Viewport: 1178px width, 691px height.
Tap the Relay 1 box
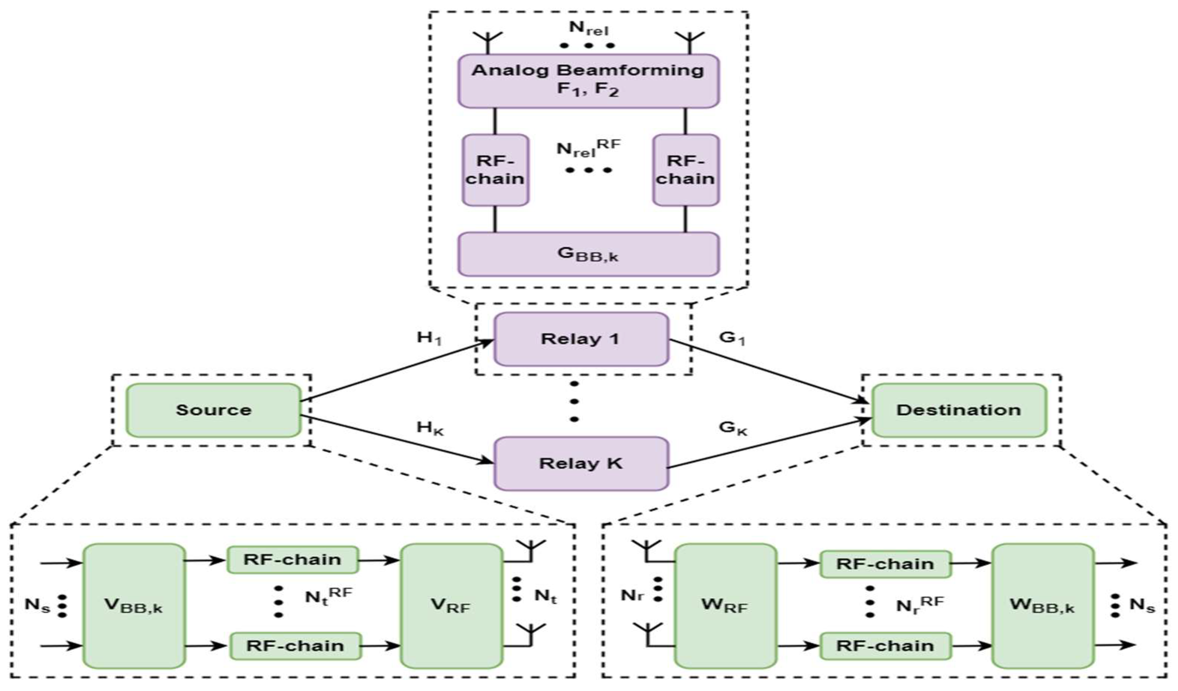coord(581,339)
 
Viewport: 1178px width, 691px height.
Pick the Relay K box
coord(581,464)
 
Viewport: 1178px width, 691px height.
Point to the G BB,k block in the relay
coord(588,254)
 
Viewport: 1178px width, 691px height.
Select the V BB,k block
coord(134,606)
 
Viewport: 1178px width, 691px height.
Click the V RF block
coord(451,606)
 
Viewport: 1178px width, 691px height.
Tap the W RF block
coord(725,606)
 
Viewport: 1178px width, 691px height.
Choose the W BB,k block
coord(1042,606)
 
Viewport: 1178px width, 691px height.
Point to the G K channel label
coord(733,428)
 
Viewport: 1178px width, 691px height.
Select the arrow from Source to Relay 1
coord(397,371)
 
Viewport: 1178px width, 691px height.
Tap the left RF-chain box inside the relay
coord(495,170)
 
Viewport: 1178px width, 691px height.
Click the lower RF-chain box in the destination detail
coord(885,646)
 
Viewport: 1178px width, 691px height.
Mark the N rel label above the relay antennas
coord(589,28)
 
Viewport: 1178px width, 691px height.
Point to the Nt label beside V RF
coord(546,596)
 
